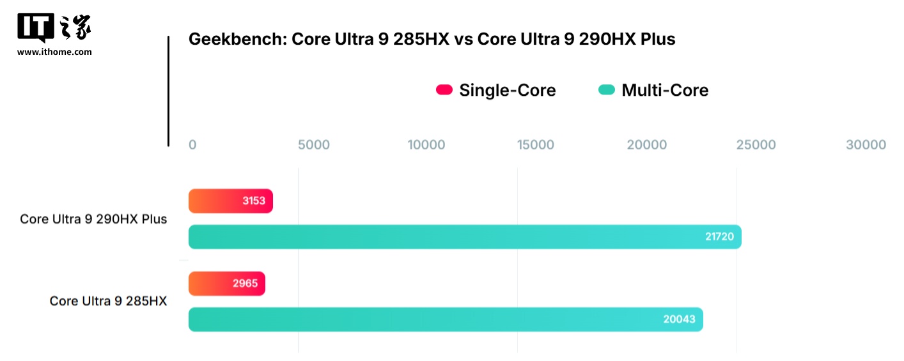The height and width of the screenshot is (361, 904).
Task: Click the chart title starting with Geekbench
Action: [432, 40]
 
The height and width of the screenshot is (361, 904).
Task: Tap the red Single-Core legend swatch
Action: [444, 90]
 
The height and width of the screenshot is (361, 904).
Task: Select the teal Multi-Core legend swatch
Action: [606, 90]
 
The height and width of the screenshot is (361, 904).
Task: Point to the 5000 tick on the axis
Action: [314, 145]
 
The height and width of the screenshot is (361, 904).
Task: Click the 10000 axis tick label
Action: [426, 145]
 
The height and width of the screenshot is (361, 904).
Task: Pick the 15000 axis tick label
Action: [536, 145]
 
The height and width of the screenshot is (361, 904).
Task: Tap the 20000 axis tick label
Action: [646, 145]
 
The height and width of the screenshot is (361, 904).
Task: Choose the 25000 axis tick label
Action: [756, 145]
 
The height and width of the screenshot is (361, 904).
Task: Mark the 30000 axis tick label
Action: [866, 145]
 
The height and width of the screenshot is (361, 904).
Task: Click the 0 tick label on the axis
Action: [192, 145]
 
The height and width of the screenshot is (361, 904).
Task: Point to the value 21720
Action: [719, 237]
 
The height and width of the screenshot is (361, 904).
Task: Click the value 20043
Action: [679, 319]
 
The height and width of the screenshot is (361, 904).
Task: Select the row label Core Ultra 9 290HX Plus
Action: [93, 219]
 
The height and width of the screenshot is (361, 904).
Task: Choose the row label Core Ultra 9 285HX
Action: [108, 301]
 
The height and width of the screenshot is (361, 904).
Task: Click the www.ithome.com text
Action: [54, 52]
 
